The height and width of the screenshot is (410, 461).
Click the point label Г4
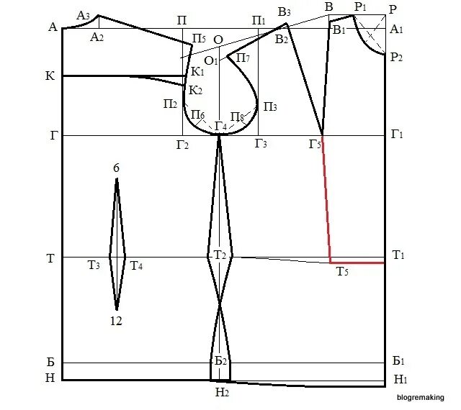click(220, 127)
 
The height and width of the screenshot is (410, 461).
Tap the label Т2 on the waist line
click(220, 255)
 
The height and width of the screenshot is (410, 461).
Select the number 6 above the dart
click(117, 168)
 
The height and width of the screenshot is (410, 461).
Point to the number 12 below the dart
click(117, 322)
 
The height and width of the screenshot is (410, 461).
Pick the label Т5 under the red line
click(342, 271)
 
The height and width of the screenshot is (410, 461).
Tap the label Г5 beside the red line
click(315, 145)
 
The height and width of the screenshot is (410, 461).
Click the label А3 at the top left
click(83, 15)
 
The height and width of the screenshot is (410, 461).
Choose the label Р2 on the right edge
click(396, 57)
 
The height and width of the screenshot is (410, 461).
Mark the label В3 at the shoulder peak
click(284, 12)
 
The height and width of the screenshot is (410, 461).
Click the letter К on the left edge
click(50, 76)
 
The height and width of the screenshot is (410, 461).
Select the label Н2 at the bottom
click(221, 392)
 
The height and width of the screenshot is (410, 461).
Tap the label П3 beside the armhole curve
click(270, 106)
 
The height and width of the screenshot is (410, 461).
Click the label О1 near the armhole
click(211, 60)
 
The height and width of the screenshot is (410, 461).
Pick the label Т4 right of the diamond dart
click(136, 266)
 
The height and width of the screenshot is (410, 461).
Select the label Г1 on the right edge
click(397, 135)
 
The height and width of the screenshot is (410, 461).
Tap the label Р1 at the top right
click(360, 6)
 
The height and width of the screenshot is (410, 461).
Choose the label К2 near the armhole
click(196, 90)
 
